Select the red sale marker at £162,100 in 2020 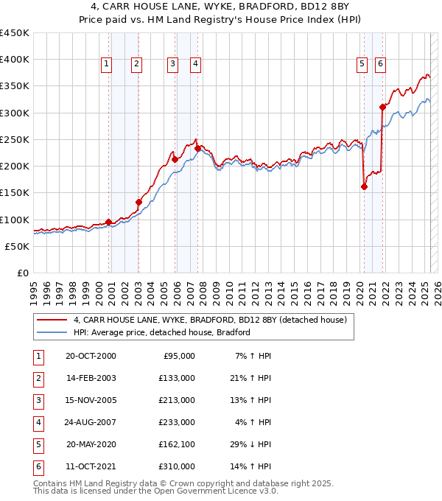pos(364,186)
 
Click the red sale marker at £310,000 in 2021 pos(382,107)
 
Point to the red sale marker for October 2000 pos(109,222)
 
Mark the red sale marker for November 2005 pos(175,159)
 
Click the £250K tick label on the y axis pos(15,139)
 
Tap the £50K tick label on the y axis pos(18,246)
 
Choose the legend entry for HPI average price pos(161,332)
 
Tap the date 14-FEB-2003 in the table pos(91,378)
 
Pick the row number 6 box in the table pos(37,466)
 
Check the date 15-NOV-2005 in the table pos(91,400)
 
